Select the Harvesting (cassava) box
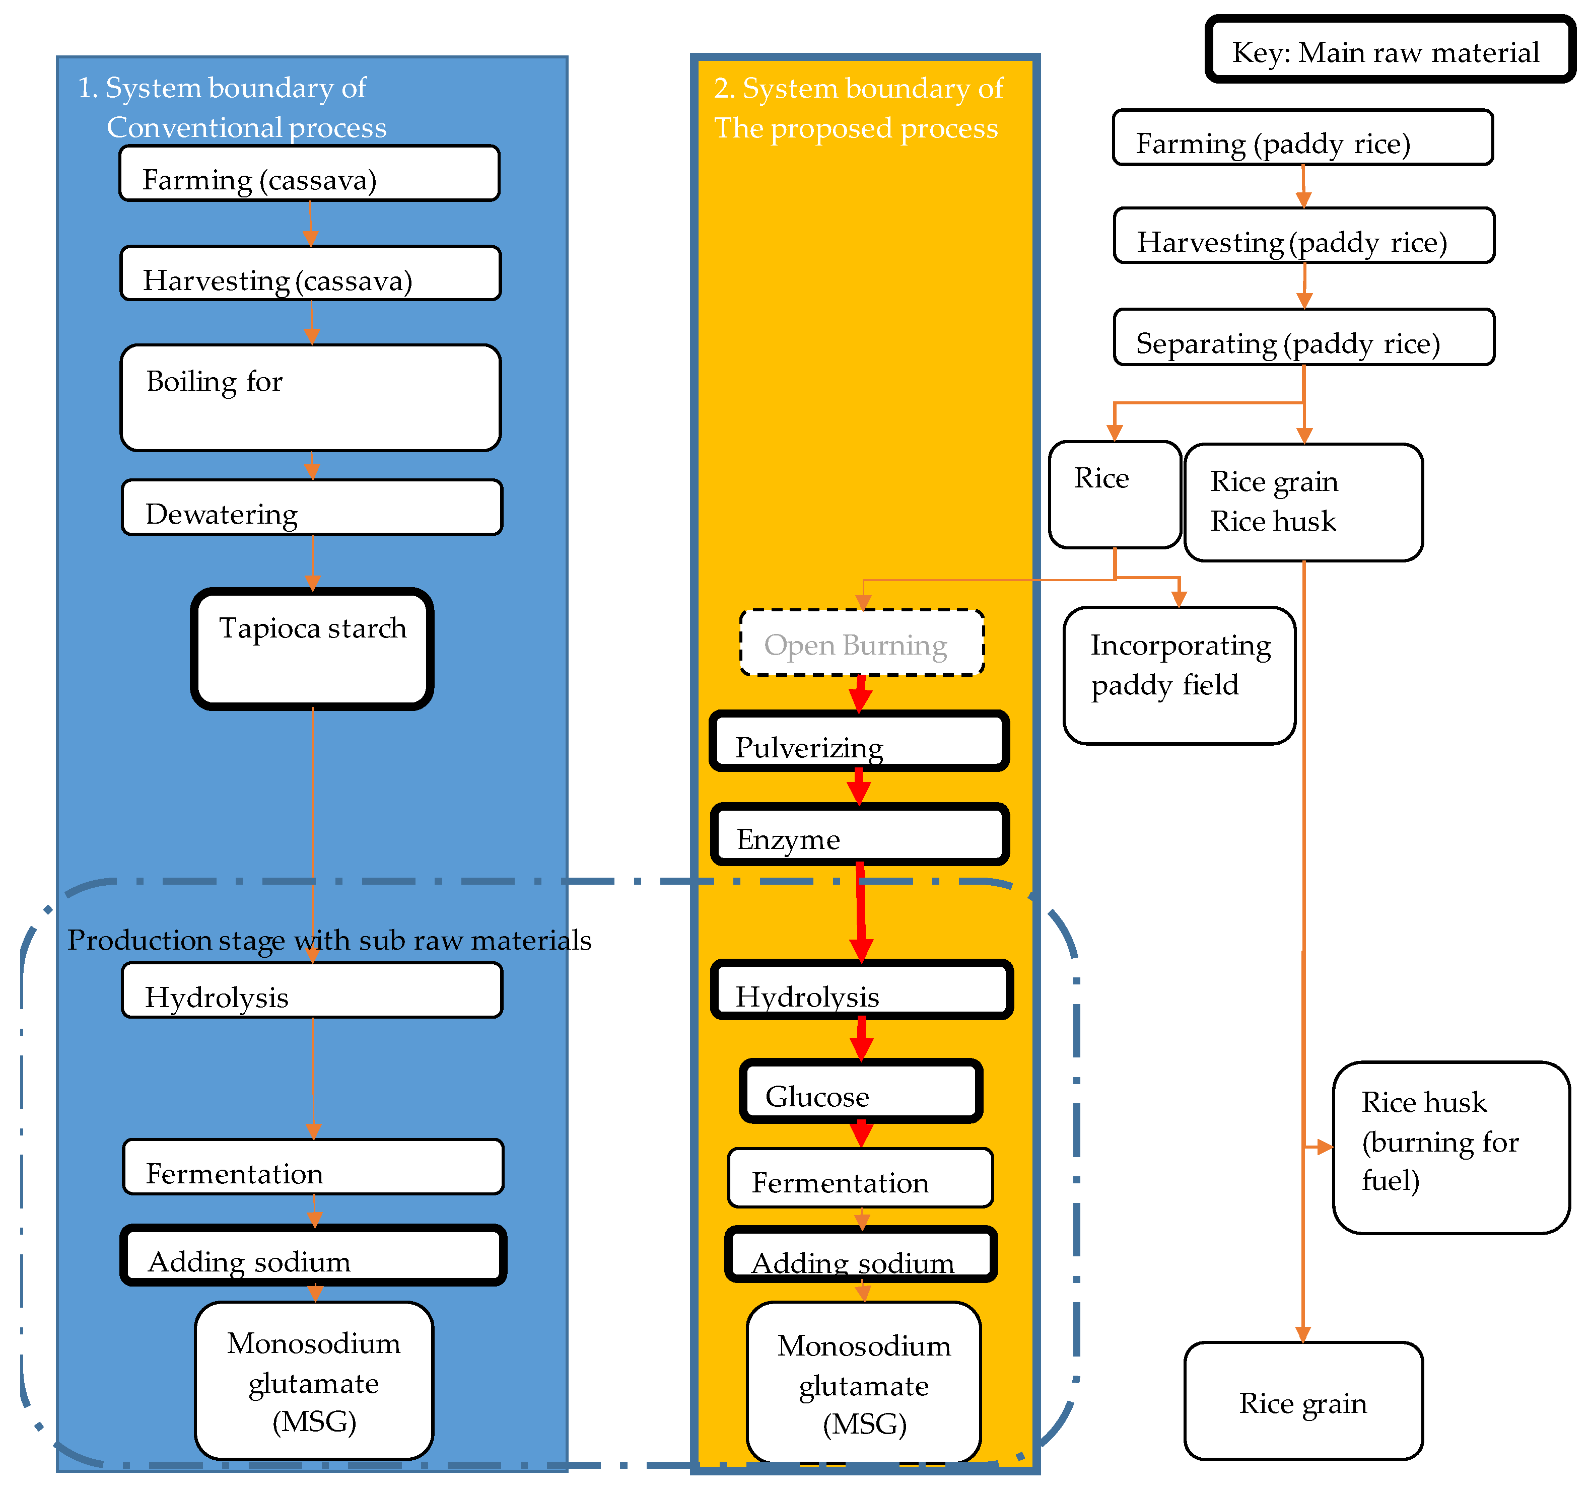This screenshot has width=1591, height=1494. coord(311,273)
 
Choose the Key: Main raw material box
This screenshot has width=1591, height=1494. coord(1390,50)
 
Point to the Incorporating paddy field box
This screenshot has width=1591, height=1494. coord(1179,675)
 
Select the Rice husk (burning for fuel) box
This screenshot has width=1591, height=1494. coord(1450,1148)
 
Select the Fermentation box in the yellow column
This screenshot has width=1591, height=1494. coord(860,1178)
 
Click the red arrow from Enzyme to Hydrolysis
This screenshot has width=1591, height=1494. coord(860,912)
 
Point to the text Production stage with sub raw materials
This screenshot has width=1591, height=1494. coord(329,940)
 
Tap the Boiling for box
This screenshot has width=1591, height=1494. coord(311,398)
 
